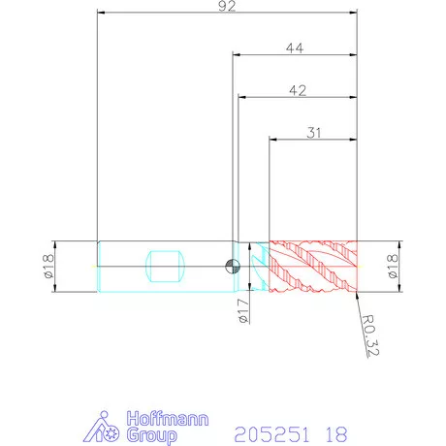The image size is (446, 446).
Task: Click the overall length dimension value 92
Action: coord(227,6)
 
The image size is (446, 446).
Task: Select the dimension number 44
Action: coord(295,48)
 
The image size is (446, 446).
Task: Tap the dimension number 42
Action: coord(298,90)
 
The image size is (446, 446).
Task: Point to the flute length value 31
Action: coord(314,133)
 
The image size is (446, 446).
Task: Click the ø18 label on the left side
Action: coord(48,267)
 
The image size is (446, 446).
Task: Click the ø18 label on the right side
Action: coord(392,267)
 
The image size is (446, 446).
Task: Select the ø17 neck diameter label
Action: coord(243,311)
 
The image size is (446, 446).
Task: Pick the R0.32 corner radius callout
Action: coord(369,335)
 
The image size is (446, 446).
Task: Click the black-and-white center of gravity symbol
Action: coord(233,267)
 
